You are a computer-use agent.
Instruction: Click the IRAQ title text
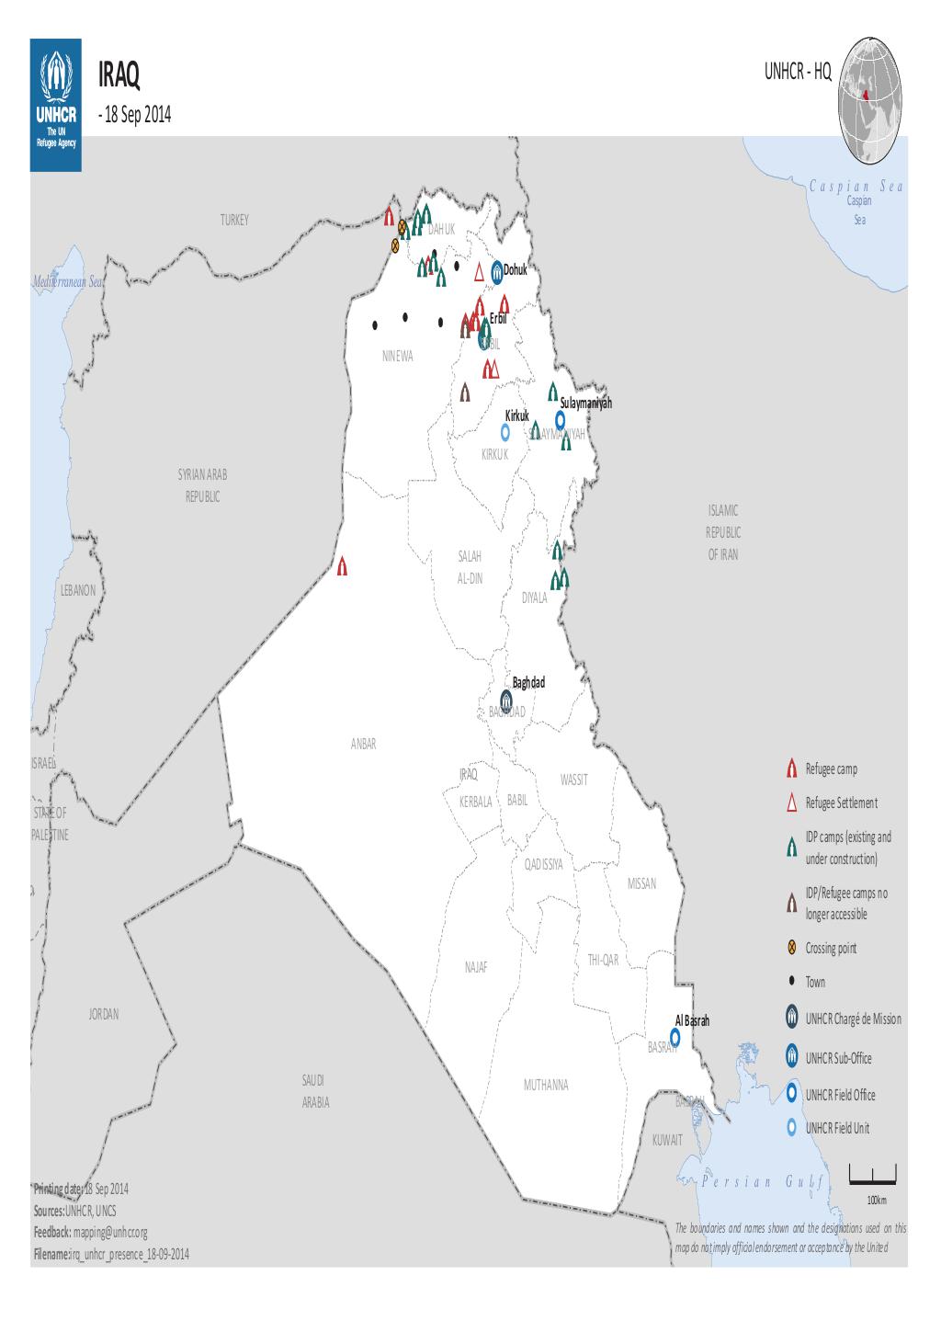click(119, 78)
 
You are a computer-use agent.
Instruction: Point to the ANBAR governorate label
click(363, 745)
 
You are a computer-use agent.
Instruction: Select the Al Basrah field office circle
click(675, 1037)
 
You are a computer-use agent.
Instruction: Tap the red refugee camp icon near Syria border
click(343, 566)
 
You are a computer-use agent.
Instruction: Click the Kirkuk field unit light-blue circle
click(505, 431)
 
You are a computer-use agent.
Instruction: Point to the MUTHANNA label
click(546, 1085)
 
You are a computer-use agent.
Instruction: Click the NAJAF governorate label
click(476, 968)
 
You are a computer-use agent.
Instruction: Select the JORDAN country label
click(104, 1014)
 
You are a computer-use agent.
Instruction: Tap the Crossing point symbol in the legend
click(791, 948)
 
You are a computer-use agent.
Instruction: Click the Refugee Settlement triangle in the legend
click(791, 803)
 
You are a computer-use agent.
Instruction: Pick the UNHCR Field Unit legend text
click(837, 1128)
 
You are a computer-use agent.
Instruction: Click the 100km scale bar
click(873, 1174)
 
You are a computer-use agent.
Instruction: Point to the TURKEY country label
click(233, 221)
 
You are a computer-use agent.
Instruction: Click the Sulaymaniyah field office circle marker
click(560, 417)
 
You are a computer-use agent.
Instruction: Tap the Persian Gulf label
click(761, 1182)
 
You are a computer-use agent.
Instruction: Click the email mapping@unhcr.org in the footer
click(111, 1232)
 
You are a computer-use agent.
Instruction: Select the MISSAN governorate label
click(641, 883)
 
